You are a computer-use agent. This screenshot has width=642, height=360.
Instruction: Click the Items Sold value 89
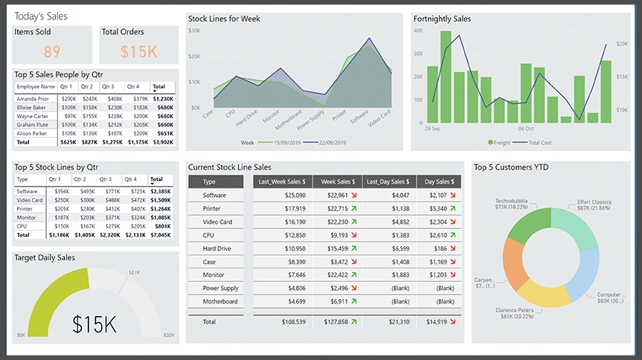(52, 51)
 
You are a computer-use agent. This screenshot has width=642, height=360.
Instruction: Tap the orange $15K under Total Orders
(139, 51)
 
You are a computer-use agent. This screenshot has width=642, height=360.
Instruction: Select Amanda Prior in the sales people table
(33, 98)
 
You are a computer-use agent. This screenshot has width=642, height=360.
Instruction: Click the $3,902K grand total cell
(162, 141)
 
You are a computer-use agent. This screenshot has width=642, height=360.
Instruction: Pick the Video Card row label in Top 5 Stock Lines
(29, 200)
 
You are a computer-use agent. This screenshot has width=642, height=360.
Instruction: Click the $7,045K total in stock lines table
(160, 234)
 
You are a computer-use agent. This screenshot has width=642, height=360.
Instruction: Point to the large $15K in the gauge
(94, 324)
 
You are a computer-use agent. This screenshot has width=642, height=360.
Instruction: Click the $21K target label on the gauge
(135, 273)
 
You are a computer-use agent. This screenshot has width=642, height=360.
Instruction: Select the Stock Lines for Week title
(224, 19)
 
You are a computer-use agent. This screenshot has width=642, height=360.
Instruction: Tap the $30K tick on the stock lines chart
(194, 30)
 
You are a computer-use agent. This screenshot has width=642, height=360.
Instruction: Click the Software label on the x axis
(359, 118)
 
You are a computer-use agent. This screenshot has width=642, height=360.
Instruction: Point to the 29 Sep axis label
(432, 129)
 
